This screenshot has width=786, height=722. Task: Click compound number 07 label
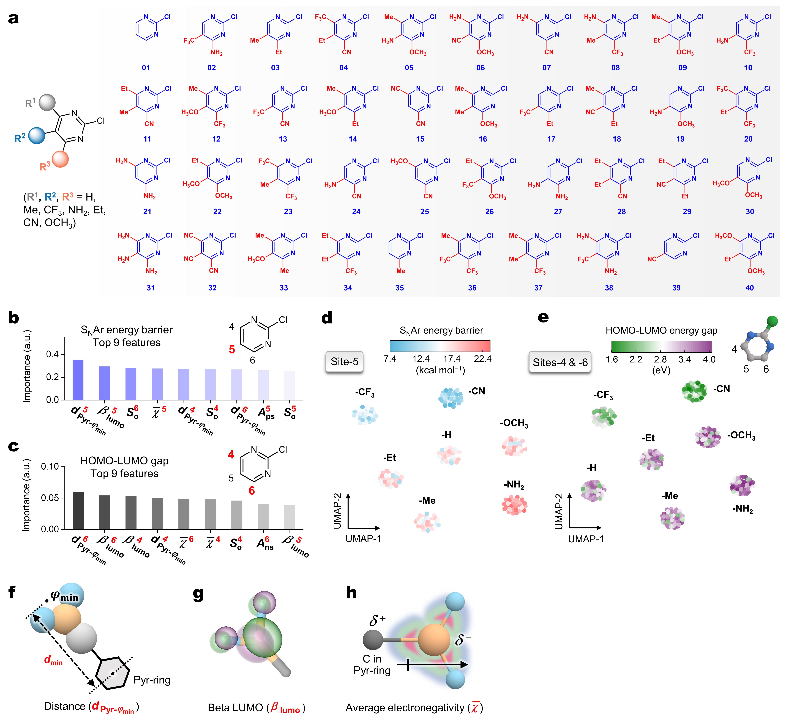coord(546,68)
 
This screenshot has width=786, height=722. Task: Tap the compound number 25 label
coord(425,211)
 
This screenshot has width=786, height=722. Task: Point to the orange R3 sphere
coord(60,159)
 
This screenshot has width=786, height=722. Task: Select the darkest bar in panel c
coord(78,510)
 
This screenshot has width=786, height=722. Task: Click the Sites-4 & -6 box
coord(560,362)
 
